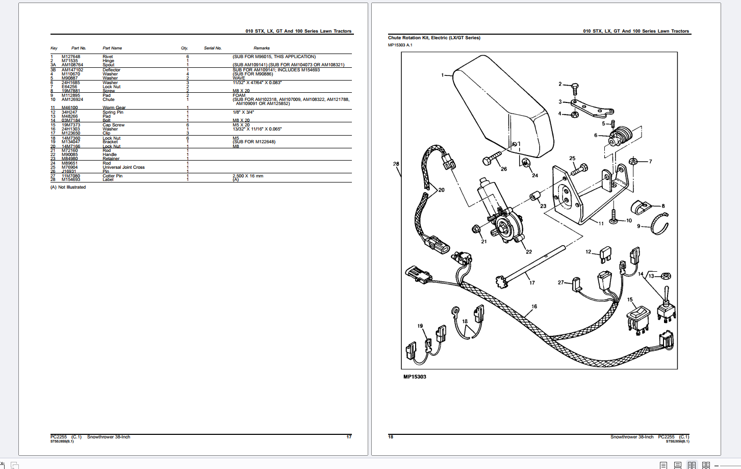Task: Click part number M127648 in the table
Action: click(71, 57)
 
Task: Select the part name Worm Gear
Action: click(114, 108)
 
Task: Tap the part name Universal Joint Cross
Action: click(123, 167)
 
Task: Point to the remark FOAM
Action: click(239, 95)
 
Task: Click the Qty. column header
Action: click(185, 48)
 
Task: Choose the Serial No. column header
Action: click(213, 48)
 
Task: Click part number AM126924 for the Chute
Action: click(72, 99)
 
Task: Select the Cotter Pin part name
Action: click(112, 176)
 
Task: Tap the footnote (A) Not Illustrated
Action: click(68, 187)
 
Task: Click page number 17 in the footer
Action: click(349, 437)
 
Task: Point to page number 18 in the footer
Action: click(391, 437)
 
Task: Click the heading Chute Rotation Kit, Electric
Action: click(434, 38)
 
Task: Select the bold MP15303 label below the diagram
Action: click(415, 377)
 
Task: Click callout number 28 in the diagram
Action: click(396, 164)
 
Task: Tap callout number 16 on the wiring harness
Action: click(534, 306)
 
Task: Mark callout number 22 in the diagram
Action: click(529, 251)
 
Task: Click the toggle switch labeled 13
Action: click(667, 306)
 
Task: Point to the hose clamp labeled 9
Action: click(660, 224)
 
